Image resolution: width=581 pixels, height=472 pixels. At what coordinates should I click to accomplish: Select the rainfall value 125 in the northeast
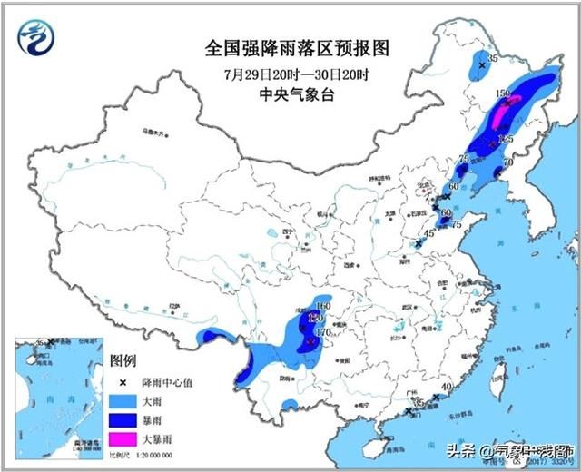point(506,139)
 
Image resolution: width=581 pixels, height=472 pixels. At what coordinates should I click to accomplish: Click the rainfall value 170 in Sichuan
point(321,333)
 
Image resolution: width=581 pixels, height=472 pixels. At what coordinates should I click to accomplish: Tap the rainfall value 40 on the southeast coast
point(445,388)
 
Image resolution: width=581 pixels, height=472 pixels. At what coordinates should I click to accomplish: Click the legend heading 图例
point(123,361)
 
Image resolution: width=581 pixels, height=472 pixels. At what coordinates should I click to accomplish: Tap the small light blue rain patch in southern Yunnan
point(290,403)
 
